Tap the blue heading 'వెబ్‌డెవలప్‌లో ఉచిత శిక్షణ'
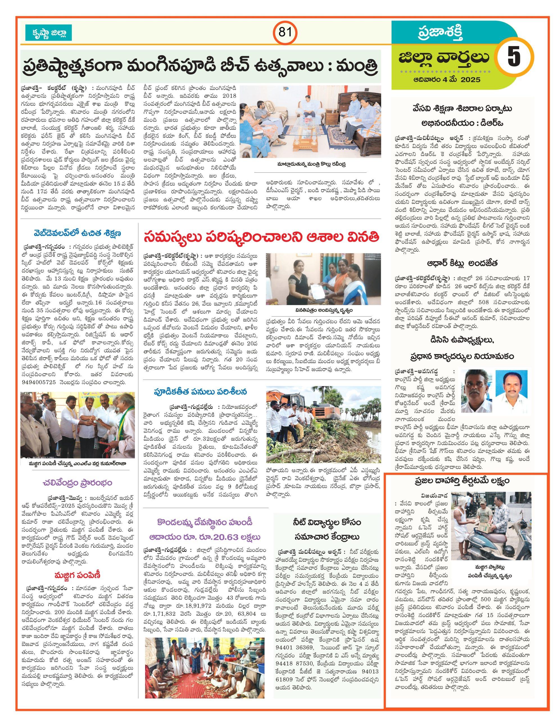(78, 234)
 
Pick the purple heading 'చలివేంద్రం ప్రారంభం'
(78, 483)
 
